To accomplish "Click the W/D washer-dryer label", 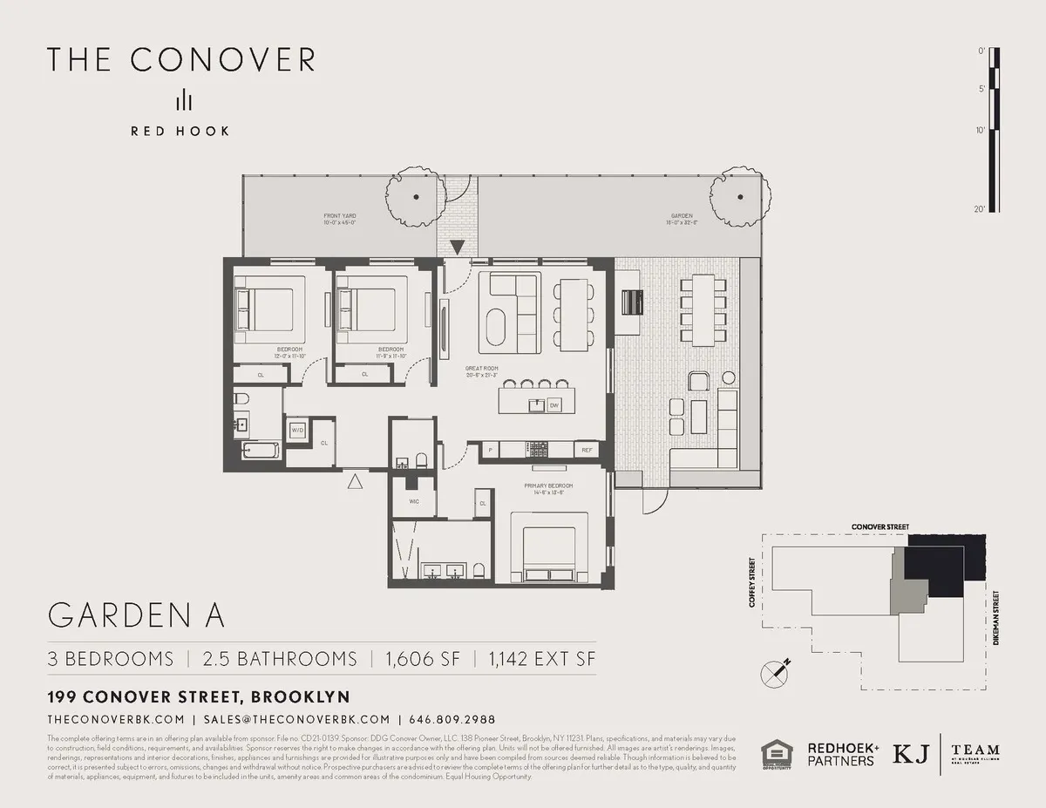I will (x=296, y=430).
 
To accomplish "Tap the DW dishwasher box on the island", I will (x=554, y=405).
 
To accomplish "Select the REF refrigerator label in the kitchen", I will (x=587, y=450).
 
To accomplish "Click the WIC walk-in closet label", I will (x=415, y=503).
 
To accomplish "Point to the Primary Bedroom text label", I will (x=548, y=488).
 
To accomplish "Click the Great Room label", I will (x=482, y=371).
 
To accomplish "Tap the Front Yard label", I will (x=340, y=218).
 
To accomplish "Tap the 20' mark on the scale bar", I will (x=981, y=209).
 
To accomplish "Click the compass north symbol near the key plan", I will (x=774, y=673).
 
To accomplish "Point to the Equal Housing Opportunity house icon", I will (x=776, y=754).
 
